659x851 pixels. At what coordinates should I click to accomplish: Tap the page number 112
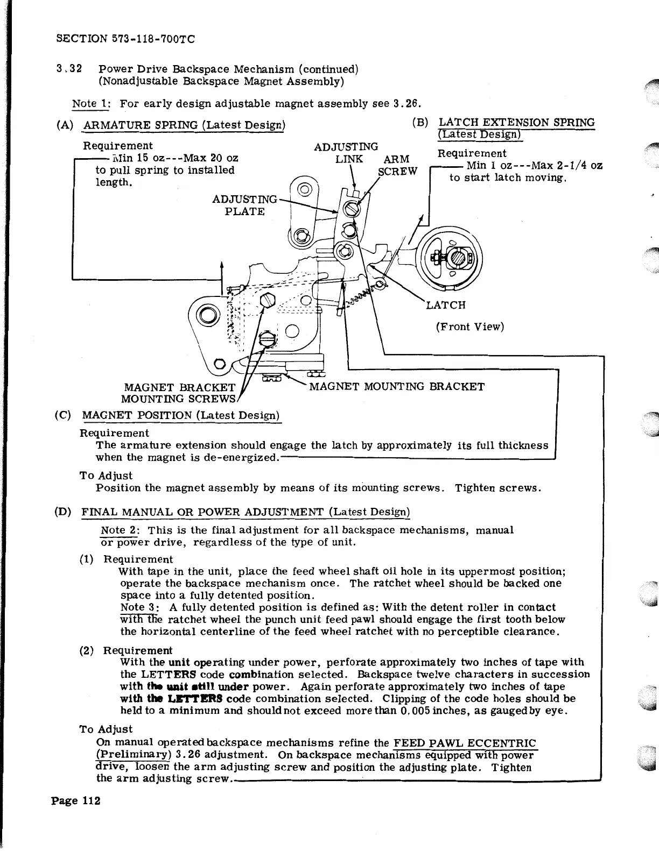pyautogui.click(x=75, y=801)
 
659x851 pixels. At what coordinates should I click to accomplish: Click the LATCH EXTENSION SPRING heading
pyautogui.click(x=517, y=123)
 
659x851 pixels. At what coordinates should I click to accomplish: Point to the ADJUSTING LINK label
pyautogui.click(x=346, y=153)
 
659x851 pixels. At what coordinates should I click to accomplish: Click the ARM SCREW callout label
pyautogui.click(x=397, y=165)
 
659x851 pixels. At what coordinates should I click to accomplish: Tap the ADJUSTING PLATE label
pyautogui.click(x=245, y=205)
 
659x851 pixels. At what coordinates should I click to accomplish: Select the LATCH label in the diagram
pyautogui.click(x=445, y=306)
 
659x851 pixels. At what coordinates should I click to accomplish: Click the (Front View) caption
pyautogui.click(x=469, y=327)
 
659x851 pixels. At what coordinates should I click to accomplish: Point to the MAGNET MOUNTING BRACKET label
pyautogui.click(x=397, y=386)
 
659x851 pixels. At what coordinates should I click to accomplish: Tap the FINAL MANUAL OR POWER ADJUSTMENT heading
pyautogui.click(x=246, y=511)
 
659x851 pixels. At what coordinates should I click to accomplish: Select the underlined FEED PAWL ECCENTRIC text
pyautogui.click(x=465, y=743)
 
